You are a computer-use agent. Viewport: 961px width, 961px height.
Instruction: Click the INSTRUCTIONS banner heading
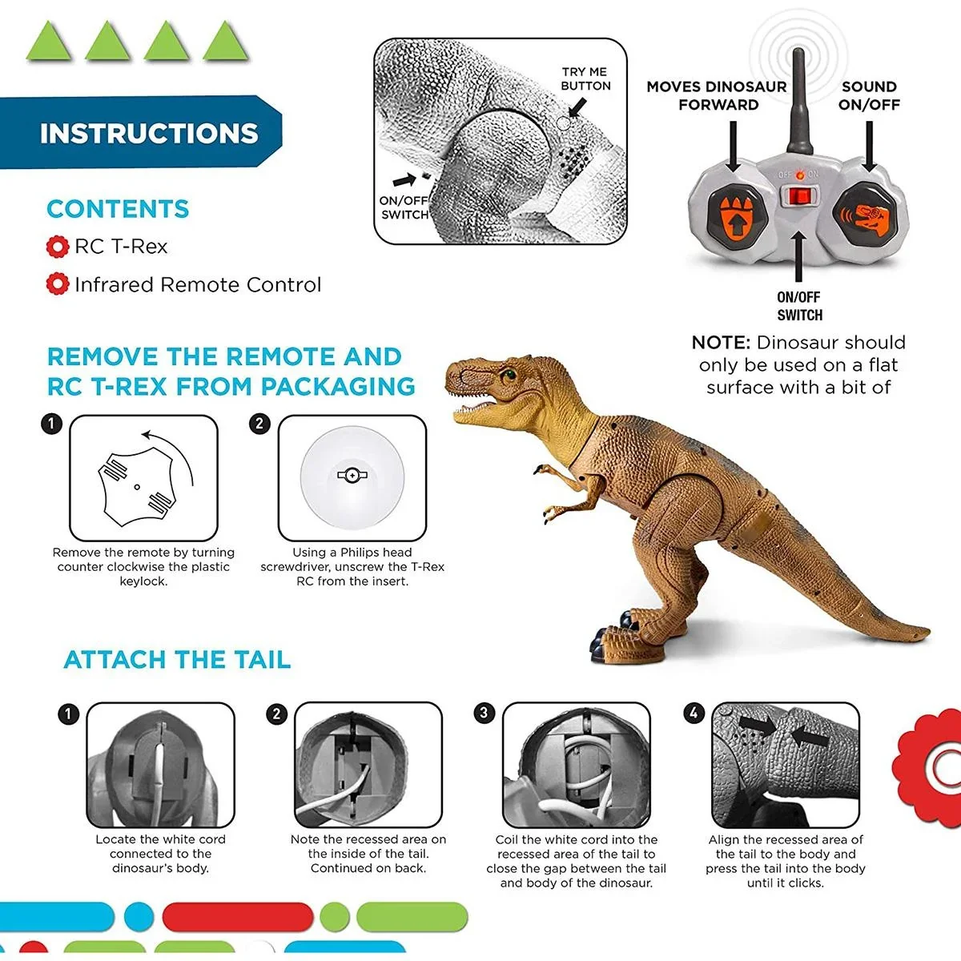(149, 133)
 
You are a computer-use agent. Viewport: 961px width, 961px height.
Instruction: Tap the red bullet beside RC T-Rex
(57, 247)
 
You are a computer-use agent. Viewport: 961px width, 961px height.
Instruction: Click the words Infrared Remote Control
(197, 285)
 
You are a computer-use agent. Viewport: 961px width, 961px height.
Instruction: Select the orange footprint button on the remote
(732, 215)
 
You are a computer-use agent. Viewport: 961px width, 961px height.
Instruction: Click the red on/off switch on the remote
(797, 196)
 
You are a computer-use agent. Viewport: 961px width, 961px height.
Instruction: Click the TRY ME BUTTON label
(585, 78)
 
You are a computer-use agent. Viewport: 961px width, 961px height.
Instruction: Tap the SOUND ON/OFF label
(869, 95)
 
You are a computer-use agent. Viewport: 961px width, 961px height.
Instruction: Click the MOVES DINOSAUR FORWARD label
(717, 95)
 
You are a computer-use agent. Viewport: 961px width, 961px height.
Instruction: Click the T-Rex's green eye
(508, 372)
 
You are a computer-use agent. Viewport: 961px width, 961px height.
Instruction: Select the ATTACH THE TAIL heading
(177, 660)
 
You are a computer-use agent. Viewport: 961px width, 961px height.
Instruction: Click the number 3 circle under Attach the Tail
(484, 713)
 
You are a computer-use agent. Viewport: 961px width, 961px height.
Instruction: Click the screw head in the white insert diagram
(352, 475)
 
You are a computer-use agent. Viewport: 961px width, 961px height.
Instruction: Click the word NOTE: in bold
(721, 343)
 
